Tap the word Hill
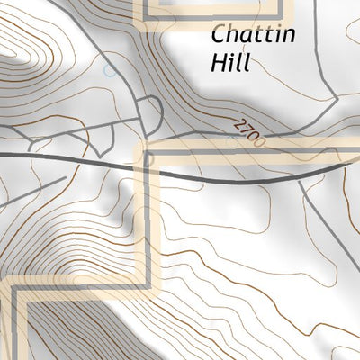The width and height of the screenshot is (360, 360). pyautogui.click(x=229, y=64)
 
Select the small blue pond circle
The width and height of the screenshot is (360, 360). pyautogui.click(x=109, y=70)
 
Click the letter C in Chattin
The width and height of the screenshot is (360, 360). pyautogui.click(x=219, y=37)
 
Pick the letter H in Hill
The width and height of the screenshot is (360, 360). pyautogui.click(x=216, y=64)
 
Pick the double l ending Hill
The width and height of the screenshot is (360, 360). pyautogui.click(x=239, y=64)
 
